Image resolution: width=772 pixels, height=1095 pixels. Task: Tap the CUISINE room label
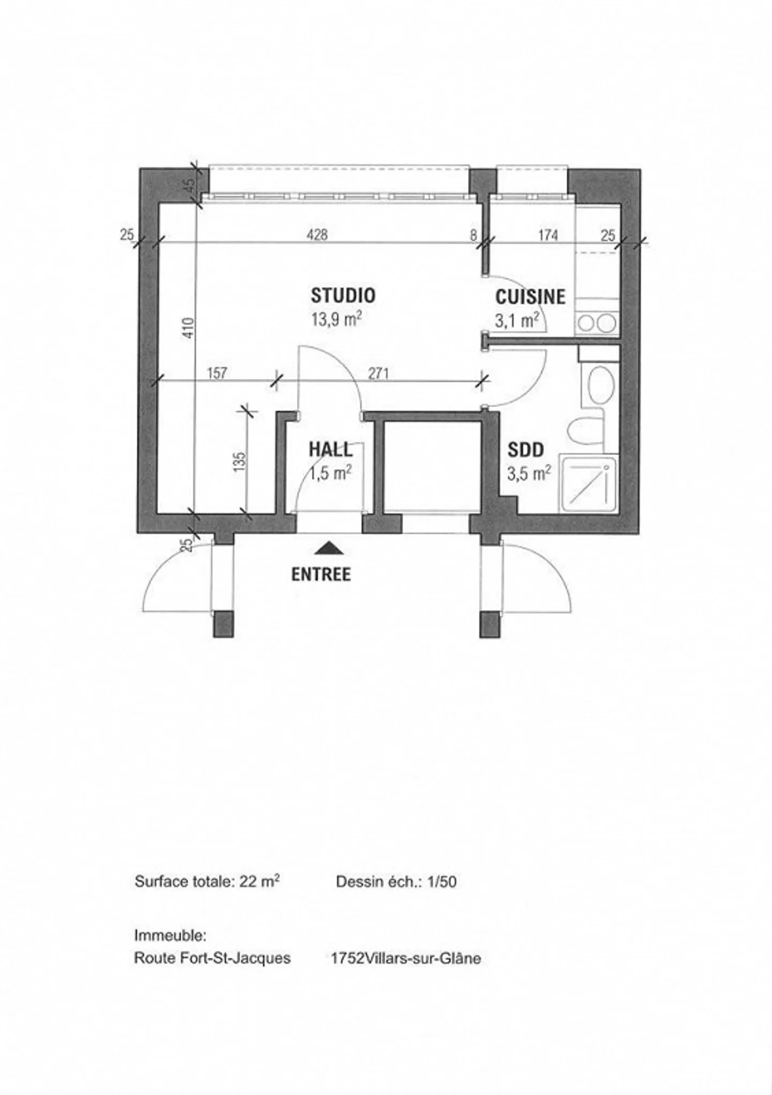530,297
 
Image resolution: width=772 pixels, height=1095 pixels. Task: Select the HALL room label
331,449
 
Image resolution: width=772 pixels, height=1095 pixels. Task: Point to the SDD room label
526,450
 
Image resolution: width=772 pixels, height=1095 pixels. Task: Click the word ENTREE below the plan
321,575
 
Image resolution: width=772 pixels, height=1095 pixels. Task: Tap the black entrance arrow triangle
329,548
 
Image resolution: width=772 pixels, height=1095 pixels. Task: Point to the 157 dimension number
217,373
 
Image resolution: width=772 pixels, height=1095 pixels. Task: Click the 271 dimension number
378,373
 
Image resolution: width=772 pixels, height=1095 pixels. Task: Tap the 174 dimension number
548,235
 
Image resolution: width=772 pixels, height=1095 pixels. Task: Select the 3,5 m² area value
529,474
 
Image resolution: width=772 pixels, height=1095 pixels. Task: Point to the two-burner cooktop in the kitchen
597,323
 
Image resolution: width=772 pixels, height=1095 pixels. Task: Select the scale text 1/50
441,882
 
